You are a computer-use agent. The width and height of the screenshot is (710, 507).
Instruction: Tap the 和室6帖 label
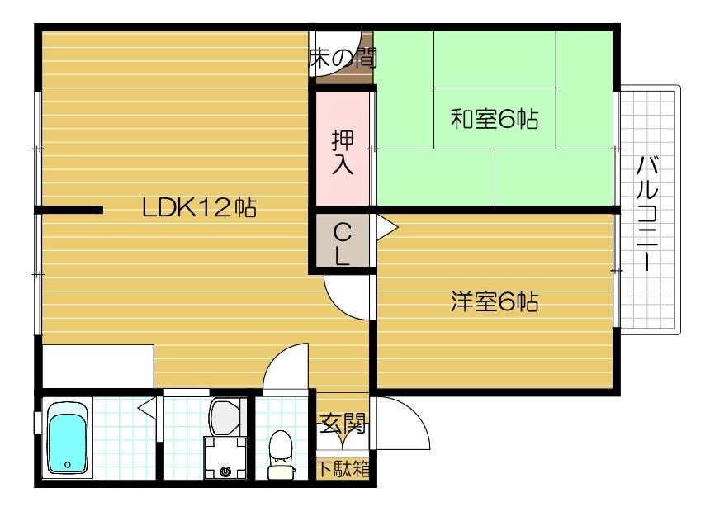[x=494, y=120]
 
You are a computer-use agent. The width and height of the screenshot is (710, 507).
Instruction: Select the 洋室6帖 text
[x=494, y=302]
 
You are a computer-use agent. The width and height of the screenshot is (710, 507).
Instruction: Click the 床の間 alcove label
[x=341, y=59]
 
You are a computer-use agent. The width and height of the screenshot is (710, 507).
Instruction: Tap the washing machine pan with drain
[x=225, y=457]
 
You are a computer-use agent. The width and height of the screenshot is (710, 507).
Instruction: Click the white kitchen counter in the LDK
[x=97, y=366]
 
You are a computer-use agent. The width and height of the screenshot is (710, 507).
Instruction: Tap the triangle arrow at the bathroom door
[x=148, y=407]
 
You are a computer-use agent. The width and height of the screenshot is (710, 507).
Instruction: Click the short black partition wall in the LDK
[x=69, y=210]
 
